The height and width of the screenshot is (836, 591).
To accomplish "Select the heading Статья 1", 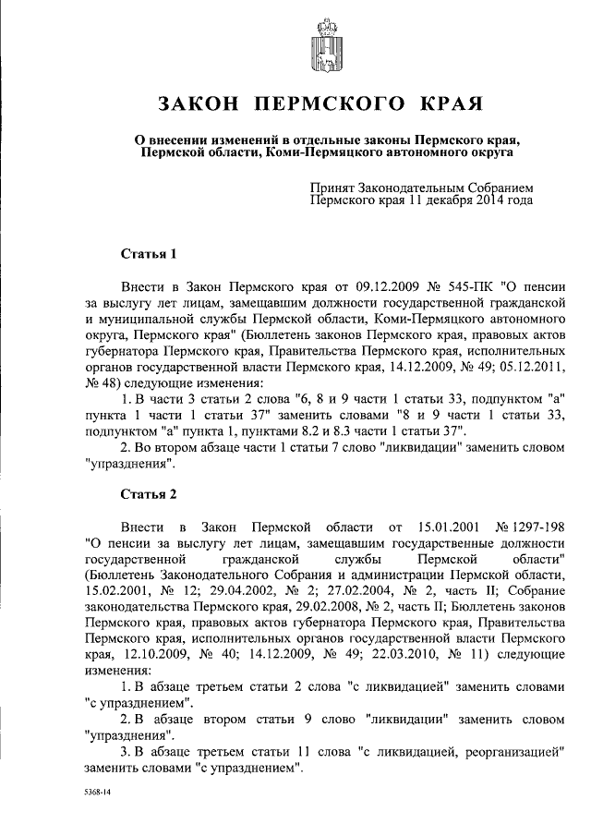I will tap(148, 252).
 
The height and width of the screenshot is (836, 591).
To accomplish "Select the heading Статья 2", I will tap(148, 493).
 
